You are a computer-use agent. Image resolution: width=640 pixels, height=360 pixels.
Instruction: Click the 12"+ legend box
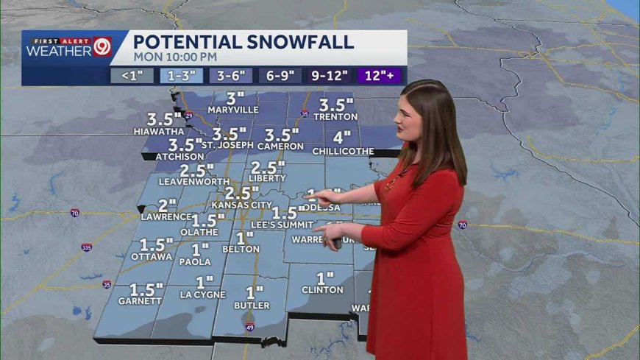380,74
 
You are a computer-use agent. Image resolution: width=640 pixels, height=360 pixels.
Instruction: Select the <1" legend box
132,74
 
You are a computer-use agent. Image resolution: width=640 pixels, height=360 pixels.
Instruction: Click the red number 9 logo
102,47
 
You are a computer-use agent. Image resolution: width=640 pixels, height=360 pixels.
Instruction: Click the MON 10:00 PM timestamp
175,56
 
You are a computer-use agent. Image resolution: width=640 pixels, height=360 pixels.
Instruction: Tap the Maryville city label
233,110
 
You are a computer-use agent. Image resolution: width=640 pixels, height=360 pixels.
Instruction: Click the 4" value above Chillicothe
342,138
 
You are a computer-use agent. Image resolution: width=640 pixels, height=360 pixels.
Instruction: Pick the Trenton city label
335,116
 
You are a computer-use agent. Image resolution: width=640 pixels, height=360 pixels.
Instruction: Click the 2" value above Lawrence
168,205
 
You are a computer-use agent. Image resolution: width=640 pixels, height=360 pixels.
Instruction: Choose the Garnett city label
140,301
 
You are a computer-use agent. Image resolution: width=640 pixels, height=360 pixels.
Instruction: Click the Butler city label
252,305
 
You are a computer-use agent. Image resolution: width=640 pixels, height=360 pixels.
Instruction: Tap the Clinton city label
322,290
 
